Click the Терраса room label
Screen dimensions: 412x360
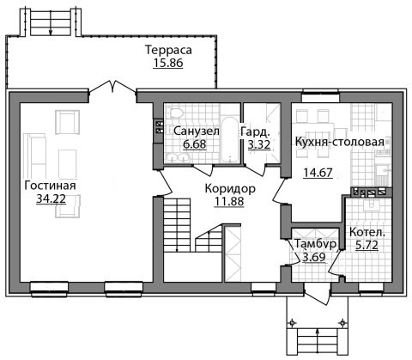[x=168, y=50]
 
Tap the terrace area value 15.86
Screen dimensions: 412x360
[x=168, y=63]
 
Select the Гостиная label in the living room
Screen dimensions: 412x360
[x=50, y=186]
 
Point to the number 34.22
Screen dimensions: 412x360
[x=51, y=198]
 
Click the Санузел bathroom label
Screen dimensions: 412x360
[x=197, y=131]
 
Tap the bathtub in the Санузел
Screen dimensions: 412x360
[x=230, y=138]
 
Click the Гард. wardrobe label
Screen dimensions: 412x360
[x=255, y=132]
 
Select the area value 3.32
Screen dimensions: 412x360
[x=259, y=144]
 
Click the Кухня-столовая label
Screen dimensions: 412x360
[x=339, y=142]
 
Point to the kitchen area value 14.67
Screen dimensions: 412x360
[x=318, y=173]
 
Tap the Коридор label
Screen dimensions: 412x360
[x=230, y=189]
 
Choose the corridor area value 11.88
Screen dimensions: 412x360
[x=229, y=201]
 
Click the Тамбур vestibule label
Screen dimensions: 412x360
[x=315, y=244]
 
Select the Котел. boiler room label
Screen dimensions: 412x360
[x=367, y=232]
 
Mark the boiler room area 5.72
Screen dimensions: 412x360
[x=367, y=245]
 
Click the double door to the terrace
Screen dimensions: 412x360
[x=112, y=87]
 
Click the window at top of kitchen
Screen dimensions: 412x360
[x=321, y=95]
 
